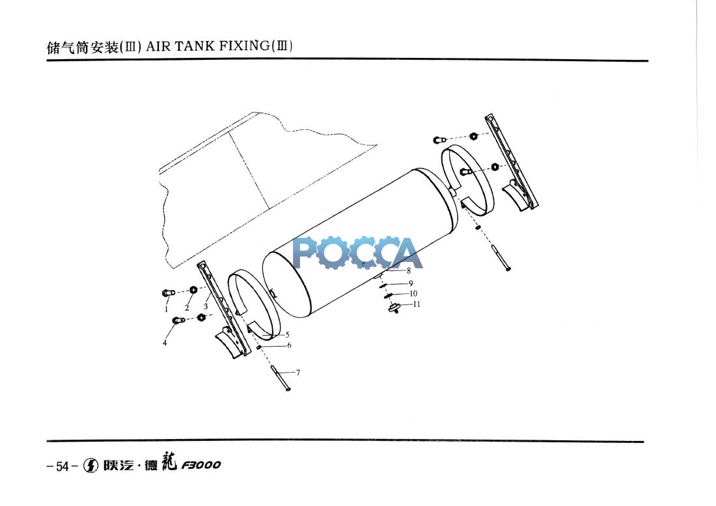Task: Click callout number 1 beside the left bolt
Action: pyautogui.click(x=166, y=310)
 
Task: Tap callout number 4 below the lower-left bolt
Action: pyautogui.click(x=165, y=343)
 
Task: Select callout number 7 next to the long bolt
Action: pyautogui.click(x=297, y=373)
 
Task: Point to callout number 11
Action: pyautogui.click(x=417, y=304)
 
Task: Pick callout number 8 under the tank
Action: pyautogui.click(x=409, y=270)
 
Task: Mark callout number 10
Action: pyautogui.click(x=413, y=294)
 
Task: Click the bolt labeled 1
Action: pyautogui.click(x=167, y=293)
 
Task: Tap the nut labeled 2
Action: pyautogui.click(x=193, y=289)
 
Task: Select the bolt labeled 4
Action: pyautogui.click(x=178, y=320)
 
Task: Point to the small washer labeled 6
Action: pyautogui.click(x=259, y=347)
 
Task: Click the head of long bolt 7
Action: pyautogui.click(x=288, y=388)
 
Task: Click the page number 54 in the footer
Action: pyautogui.click(x=62, y=466)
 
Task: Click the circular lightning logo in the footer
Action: pyautogui.click(x=92, y=466)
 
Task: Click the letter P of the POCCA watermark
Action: pyautogui.click(x=306, y=253)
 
